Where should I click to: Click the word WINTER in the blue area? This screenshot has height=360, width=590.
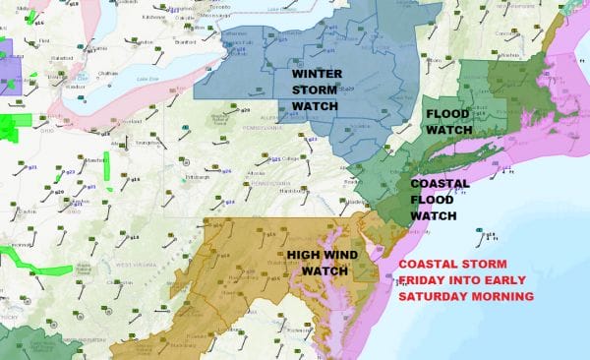(316, 74)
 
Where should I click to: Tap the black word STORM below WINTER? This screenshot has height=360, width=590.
(315, 90)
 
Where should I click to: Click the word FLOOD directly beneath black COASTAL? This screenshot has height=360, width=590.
(433, 199)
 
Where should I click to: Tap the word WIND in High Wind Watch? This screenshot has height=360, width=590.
(340, 255)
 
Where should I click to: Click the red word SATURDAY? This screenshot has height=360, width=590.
(437, 295)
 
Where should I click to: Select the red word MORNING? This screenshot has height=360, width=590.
(503, 295)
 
